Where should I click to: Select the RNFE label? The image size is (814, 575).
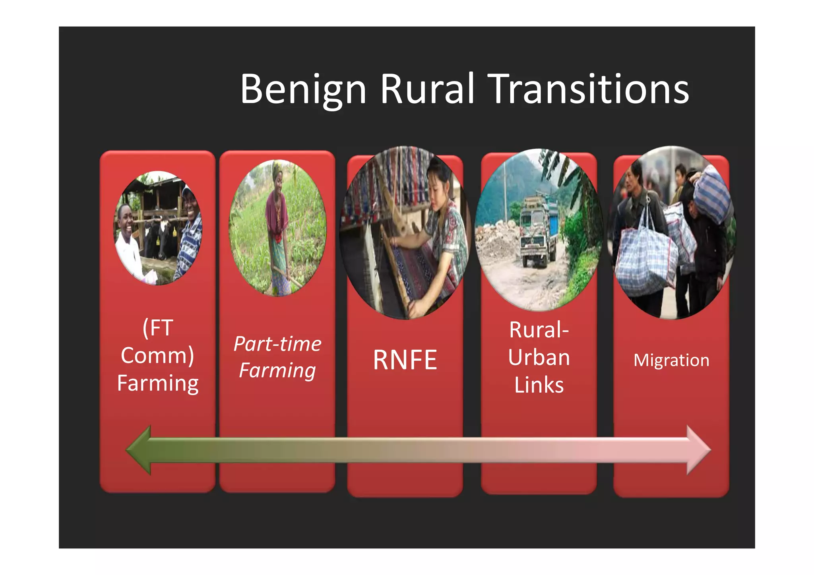405,360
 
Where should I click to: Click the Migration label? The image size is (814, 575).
671,360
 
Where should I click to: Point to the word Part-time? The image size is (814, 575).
277,344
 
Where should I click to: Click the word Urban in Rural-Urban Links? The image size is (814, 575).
539,357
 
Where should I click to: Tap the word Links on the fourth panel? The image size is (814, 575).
539,385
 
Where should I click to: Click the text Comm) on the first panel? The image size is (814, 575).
157,355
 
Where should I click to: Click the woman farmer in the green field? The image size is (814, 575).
278,227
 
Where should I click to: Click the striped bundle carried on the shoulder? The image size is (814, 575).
713,195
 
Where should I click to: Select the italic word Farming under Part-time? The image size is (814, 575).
277,371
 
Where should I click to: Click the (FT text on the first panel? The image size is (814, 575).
157,328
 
